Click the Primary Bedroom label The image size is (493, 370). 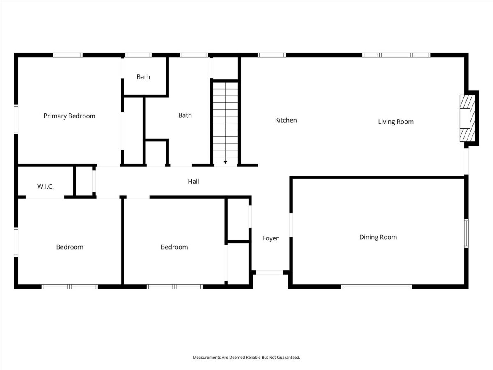coord(69,116)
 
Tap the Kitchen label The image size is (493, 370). coord(286,120)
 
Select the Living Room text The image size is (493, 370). coord(396,122)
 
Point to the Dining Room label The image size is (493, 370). coord(378,237)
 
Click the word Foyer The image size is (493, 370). coord(270,238)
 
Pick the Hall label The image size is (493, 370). coord(194,182)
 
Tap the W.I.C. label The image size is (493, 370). coord(46,187)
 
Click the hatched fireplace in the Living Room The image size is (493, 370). coord(467,118)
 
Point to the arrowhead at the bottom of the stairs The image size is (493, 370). coord(225,162)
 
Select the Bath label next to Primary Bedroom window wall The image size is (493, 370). coord(143,77)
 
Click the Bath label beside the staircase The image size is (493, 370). coord(185,115)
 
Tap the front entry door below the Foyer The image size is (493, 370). coord(270,272)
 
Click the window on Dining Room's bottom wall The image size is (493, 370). coord(376,287)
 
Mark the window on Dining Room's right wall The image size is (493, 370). coord(466,234)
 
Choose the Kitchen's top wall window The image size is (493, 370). coord(272,55)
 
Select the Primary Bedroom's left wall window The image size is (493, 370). coord(16,119)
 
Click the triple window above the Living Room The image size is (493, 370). coord(396,55)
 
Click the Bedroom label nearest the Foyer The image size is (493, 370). coord(174,247)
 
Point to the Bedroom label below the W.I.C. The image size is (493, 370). coord(69,247)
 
